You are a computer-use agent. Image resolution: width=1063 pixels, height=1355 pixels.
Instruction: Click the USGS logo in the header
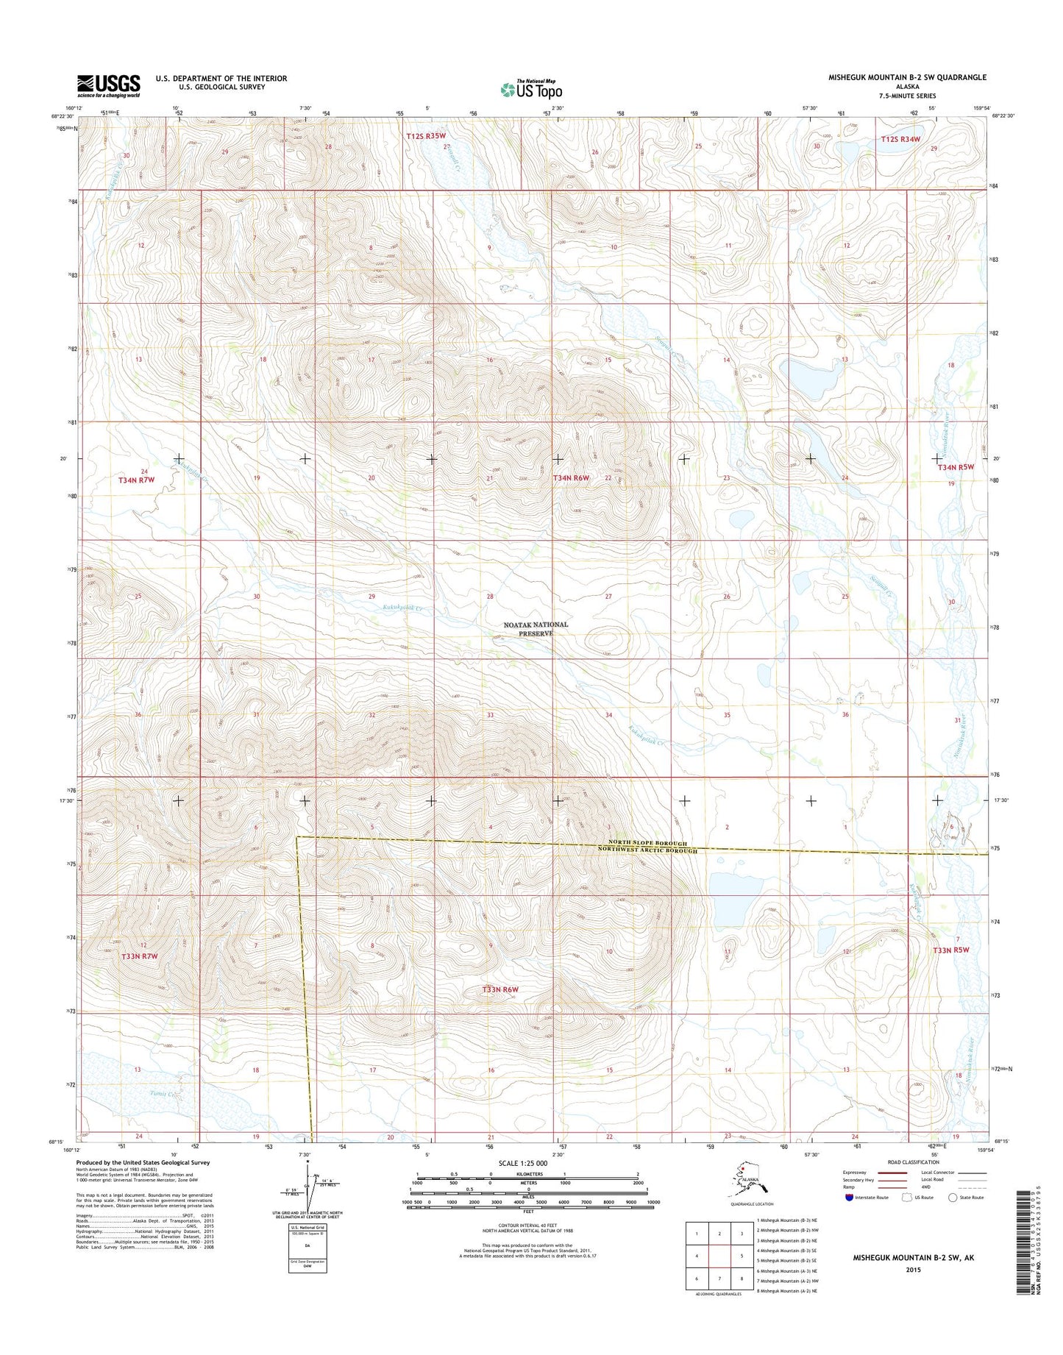click(x=109, y=85)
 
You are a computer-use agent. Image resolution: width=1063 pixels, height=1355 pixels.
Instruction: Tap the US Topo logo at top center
click(x=531, y=89)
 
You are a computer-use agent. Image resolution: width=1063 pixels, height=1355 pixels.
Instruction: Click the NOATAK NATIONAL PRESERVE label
click(x=536, y=628)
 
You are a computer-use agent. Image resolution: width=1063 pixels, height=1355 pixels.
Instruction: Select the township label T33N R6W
click(x=500, y=989)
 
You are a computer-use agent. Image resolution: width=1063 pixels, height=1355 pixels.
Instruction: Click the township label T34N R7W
click(x=137, y=480)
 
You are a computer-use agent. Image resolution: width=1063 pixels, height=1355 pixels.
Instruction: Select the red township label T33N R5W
click(x=951, y=950)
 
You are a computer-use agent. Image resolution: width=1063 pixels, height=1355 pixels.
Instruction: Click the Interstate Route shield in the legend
click(x=850, y=1197)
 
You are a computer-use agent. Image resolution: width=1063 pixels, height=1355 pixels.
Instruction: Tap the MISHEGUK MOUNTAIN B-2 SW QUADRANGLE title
click(x=907, y=77)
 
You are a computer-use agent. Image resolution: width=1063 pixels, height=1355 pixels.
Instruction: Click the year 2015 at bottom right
click(x=913, y=1270)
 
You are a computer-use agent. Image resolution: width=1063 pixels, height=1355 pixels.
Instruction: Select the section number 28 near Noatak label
click(x=490, y=597)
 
